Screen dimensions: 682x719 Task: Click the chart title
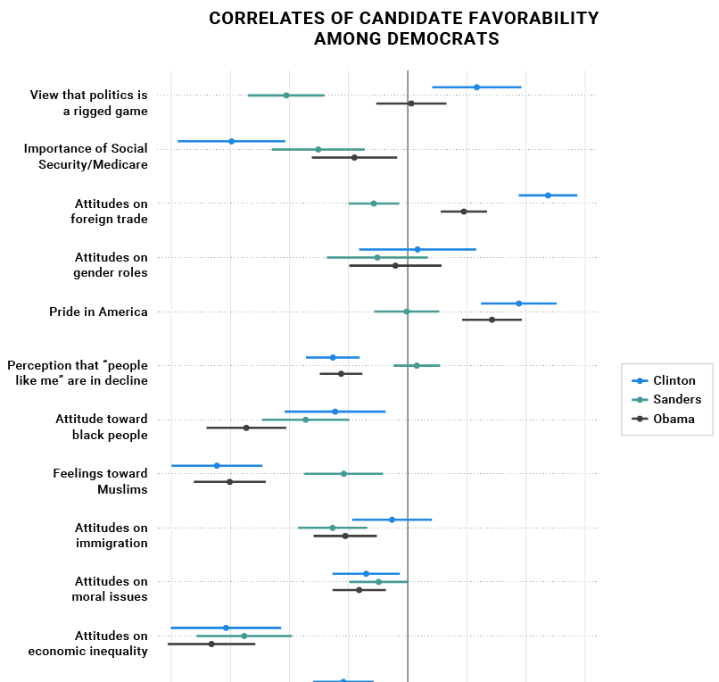tap(404, 29)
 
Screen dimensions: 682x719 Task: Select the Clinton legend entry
tap(674, 380)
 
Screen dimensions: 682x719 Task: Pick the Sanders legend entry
tap(677, 399)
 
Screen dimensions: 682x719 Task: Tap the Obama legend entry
tap(674, 419)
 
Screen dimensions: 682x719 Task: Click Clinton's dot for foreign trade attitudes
tap(548, 195)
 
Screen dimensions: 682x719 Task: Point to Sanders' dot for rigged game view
tap(286, 95)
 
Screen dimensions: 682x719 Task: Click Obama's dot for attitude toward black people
tap(246, 428)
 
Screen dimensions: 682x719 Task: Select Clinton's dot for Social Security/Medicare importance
tap(232, 141)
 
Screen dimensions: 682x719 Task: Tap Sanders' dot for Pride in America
tap(407, 312)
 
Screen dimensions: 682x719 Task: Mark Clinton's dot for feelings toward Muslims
tap(217, 465)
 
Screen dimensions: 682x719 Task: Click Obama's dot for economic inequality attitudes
tap(211, 644)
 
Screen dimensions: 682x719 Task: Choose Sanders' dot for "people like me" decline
tap(417, 365)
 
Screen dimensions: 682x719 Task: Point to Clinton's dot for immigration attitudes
tap(392, 520)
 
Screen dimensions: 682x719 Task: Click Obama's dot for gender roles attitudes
tap(395, 265)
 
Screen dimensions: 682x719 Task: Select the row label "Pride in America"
tap(98, 312)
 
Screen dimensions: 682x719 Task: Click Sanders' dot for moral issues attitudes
tap(378, 581)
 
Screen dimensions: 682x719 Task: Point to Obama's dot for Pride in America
tap(492, 320)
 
